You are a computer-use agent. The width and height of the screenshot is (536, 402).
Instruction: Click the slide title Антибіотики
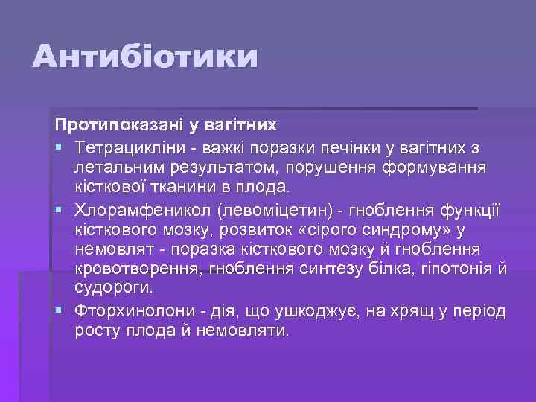146,57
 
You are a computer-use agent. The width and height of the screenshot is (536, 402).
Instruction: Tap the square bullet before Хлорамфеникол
60,208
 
